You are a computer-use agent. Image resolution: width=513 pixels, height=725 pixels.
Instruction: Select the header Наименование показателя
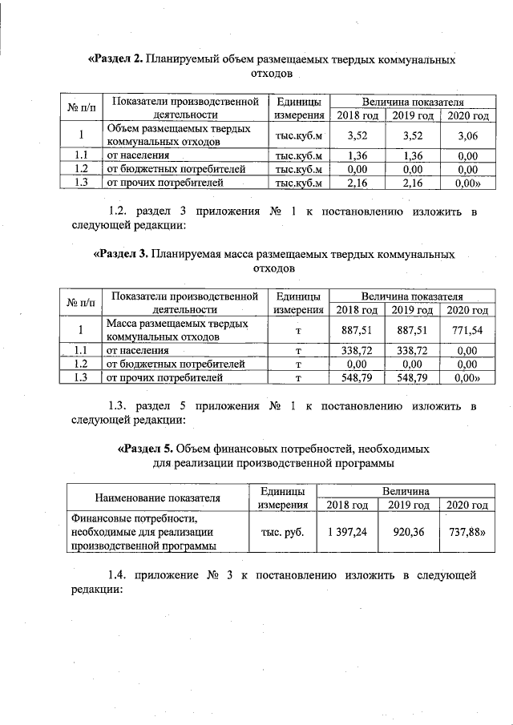[157, 497]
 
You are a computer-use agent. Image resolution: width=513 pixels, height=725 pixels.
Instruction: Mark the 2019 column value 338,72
[411, 350]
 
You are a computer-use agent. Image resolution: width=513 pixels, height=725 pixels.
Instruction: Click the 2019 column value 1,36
[411, 156]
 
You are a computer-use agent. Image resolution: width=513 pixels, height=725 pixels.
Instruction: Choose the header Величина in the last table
[405, 490]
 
